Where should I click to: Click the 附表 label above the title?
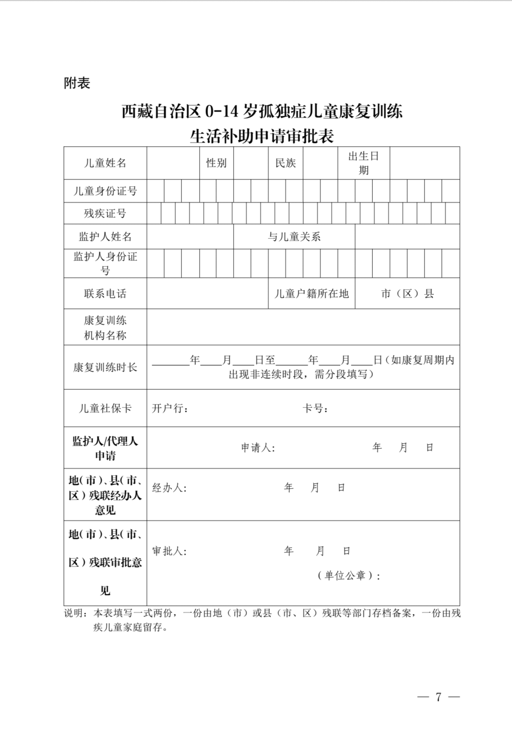point(77,83)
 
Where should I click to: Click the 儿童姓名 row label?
point(105,163)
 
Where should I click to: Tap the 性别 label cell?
point(216,163)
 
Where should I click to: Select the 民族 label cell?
point(286,163)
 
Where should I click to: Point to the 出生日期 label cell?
point(364,163)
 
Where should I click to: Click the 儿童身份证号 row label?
point(105,191)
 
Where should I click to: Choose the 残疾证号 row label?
point(105,213)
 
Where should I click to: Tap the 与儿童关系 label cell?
point(294,237)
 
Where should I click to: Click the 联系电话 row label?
point(105,294)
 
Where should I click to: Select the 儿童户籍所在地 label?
point(312,294)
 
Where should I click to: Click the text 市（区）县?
point(407,294)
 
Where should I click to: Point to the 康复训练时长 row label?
point(105,367)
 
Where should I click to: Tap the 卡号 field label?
point(315,408)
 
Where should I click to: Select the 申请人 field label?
point(258,448)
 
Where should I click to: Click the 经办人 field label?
point(169,488)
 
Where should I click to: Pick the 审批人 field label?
point(169,551)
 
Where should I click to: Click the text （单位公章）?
point(348,576)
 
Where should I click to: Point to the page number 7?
point(439,697)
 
